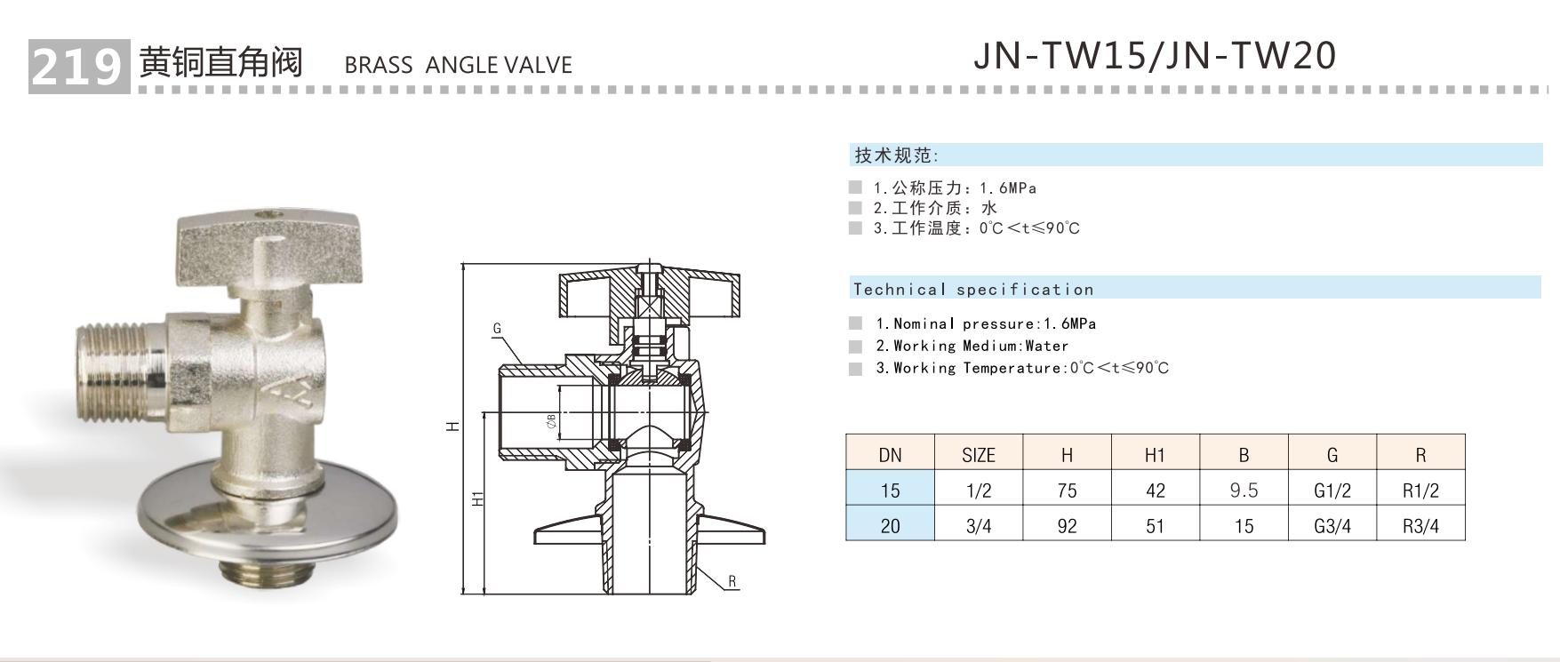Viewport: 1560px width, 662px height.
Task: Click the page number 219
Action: click(76, 65)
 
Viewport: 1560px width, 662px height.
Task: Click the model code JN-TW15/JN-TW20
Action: click(1154, 55)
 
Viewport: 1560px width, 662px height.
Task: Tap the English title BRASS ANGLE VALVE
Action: click(458, 65)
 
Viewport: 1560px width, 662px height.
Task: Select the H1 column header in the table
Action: click(1155, 455)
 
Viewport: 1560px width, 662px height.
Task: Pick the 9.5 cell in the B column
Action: click(1243, 490)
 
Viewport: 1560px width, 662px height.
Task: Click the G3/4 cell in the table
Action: click(1332, 525)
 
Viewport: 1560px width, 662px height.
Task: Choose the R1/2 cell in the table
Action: click(1420, 490)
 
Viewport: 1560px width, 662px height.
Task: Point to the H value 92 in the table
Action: click(1067, 525)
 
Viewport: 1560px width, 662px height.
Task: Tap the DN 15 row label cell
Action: click(890, 490)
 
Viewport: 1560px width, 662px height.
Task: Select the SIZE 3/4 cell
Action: click(978, 525)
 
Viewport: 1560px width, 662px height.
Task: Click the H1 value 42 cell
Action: click(1155, 490)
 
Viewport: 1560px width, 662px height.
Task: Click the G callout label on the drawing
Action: click(497, 329)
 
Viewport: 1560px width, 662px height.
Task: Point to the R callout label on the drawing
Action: click(732, 582)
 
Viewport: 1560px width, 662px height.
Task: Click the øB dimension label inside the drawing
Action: click(551, 421)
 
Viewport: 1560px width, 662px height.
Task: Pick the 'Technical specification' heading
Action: click(972, 289)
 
